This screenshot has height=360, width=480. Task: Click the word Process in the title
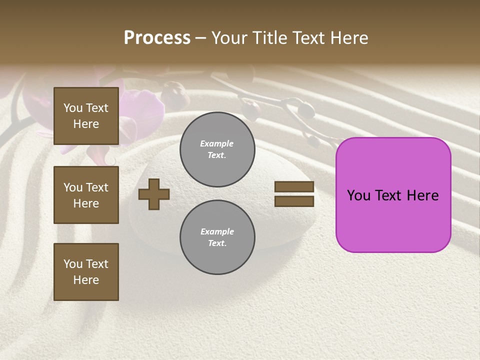[x=157, y=38]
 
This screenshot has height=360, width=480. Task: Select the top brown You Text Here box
[x=86, y=116]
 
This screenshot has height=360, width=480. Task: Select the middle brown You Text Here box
[x=86, y=195]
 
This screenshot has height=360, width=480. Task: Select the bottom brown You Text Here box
[x=86, y=272]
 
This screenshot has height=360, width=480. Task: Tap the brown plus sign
[x=154, y=194]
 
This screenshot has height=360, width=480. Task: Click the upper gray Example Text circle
[x=217, y=149]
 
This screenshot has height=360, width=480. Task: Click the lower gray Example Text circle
[x=217, y=237]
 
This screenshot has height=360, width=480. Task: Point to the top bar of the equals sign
[x=294, y=187]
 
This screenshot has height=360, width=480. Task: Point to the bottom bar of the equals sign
[x=294, y=201]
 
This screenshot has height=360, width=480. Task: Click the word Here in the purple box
[x=422, y=195]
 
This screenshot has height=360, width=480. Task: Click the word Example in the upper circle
[x=217, y=143]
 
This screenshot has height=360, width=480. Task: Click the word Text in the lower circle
[x=217, y=243]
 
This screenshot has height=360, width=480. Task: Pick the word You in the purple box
[x=357, y=195]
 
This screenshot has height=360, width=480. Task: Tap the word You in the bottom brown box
[x=73, y=264]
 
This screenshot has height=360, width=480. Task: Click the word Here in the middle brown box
[x=86, y=203]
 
